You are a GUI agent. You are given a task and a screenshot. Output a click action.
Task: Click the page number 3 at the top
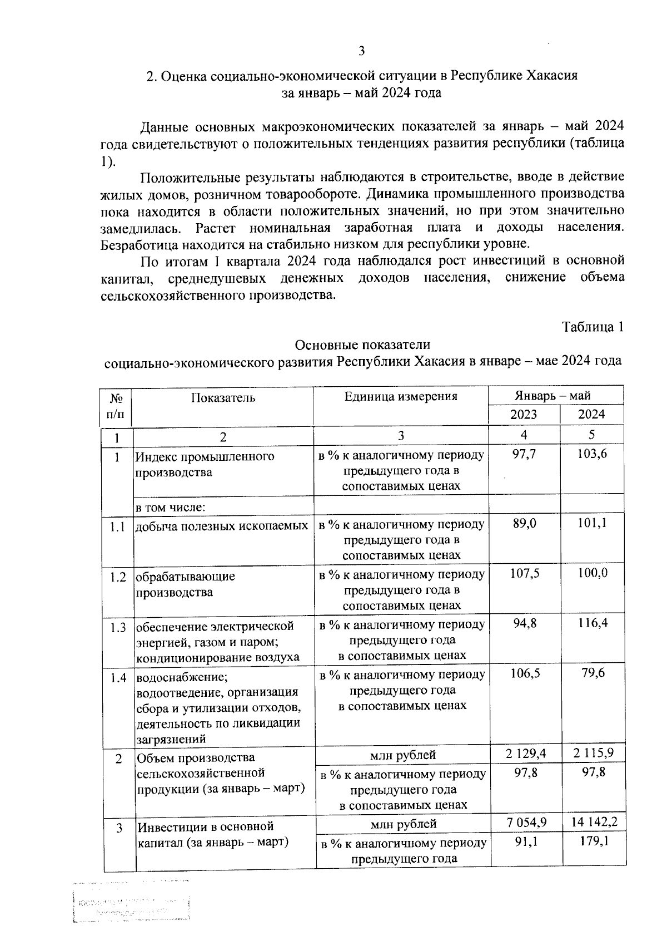coord(361,52)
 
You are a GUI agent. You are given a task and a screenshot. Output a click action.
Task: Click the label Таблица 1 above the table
coord(593,327)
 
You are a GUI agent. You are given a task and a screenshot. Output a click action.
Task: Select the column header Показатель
coord(223,397)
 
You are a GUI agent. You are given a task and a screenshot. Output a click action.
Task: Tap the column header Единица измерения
coord(400,396)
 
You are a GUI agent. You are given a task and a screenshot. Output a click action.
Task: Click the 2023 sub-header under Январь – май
coord(524,415)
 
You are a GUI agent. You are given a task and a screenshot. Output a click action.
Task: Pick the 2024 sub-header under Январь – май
coord(591,415)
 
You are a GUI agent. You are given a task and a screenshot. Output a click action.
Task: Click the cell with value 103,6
coord(592,454)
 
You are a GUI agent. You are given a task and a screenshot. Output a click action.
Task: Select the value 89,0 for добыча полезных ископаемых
coord(524,523)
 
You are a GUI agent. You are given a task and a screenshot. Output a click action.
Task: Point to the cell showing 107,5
coord(525,573)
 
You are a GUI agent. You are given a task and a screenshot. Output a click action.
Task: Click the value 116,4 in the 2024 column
coord(593,623)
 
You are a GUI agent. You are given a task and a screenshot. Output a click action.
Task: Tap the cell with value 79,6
coord(593,673)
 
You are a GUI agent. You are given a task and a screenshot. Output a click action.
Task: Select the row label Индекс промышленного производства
coord(205,464)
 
